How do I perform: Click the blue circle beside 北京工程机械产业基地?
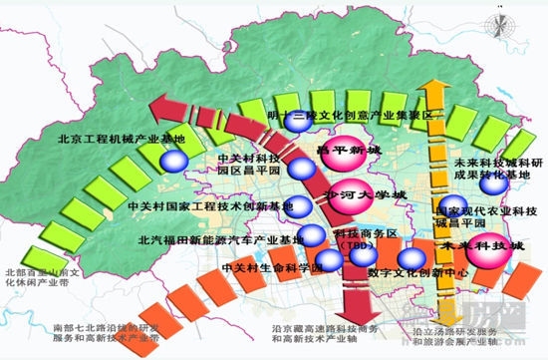(x=174, y=160)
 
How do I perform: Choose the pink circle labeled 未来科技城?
(x=471, y=245)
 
